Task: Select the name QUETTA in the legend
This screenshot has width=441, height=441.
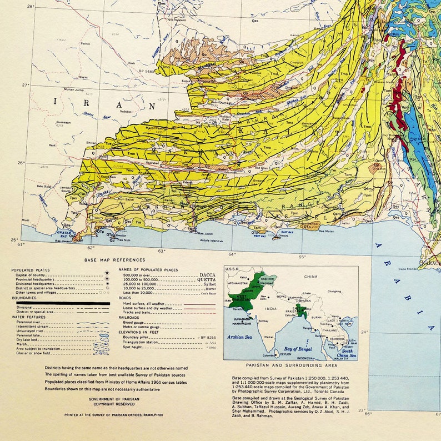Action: click(x=204, y=280)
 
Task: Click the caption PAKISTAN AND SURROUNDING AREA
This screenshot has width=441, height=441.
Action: click(x=290, y=365)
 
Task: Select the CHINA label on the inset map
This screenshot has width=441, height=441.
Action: click(x=310, y=276)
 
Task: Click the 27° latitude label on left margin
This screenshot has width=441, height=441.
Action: click(x=24, y=85)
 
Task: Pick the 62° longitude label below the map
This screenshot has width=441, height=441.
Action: click(x=91, y=248)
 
